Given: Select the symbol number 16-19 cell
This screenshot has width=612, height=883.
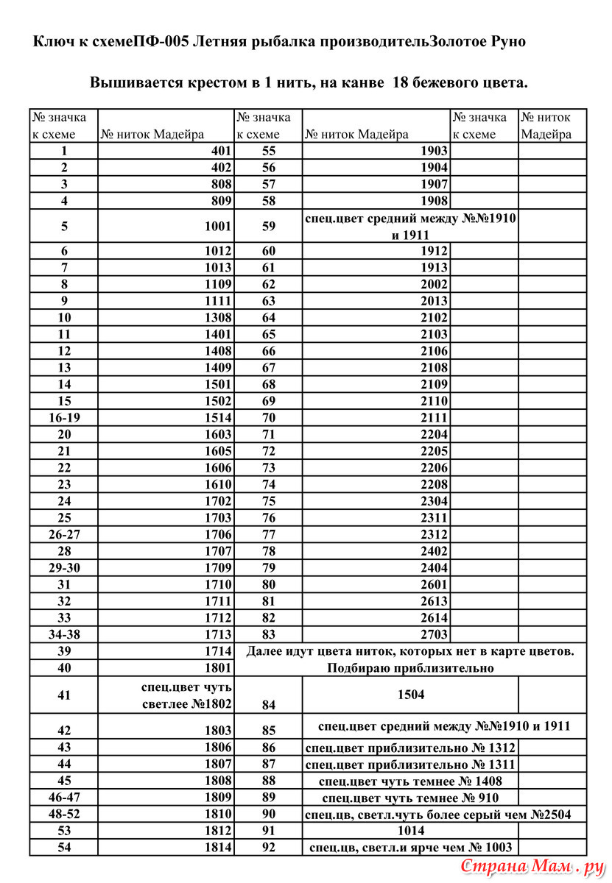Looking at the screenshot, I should (x=63, y=418).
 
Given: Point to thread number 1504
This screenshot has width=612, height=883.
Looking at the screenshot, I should (x=410, y=694).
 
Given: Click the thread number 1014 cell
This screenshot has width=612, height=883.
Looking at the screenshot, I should (x=410, y=831).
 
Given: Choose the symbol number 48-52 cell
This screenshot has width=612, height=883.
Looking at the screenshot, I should (x=63, y=814).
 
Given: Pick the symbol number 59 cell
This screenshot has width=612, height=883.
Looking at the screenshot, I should (x=268, y=227).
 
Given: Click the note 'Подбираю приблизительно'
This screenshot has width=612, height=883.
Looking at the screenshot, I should (x=409, y=668).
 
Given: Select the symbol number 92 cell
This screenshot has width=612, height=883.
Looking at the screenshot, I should (x=268, y=848).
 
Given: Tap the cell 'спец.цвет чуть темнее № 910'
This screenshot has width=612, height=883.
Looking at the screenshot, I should (x=410, y=798).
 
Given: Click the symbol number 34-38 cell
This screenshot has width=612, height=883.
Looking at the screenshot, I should (x=63, y=634).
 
